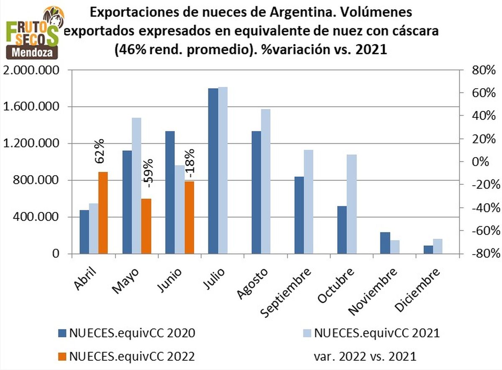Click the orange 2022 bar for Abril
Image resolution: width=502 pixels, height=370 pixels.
click(x=103, y=213)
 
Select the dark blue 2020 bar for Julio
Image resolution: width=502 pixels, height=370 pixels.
click(x=213, y=171)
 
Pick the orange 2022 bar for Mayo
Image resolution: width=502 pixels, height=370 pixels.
click(x=146, y=226)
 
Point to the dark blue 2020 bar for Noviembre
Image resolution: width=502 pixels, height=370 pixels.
click(x=385, y=243)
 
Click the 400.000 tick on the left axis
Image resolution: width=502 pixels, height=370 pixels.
click(x=40, y=217)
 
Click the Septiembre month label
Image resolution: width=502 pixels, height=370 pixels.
click(x=286, y=293)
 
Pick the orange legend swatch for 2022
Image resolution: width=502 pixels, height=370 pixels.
click(x=62, y=357)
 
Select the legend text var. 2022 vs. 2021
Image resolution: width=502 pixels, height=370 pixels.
click(x=365, y=356)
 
